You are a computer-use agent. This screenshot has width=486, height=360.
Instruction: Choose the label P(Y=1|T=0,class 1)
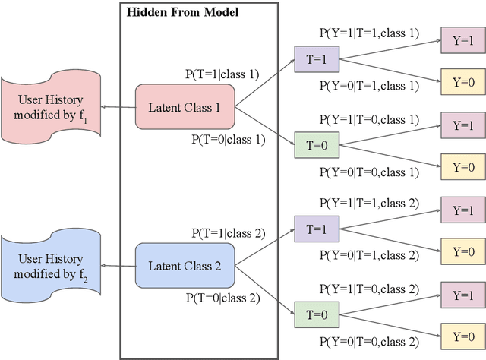368,118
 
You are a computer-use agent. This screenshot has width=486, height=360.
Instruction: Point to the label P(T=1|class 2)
228,233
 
